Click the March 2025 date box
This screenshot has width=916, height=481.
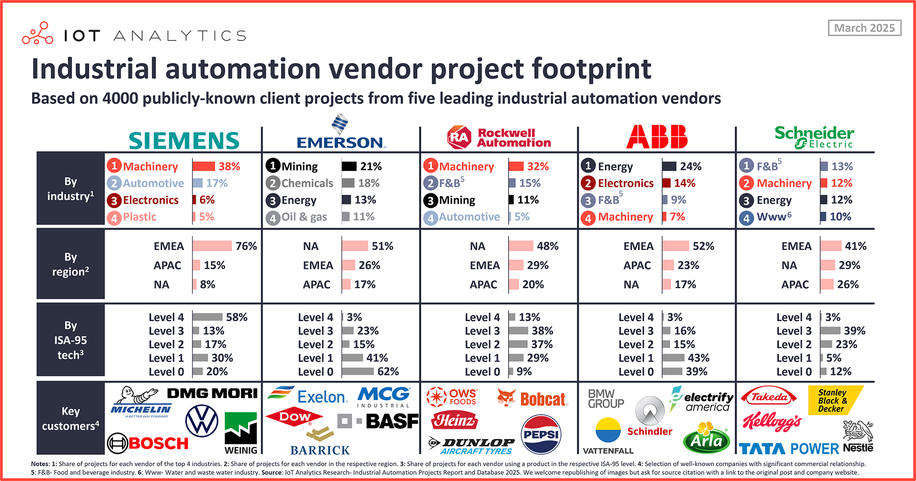864,28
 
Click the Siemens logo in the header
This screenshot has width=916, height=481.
184,141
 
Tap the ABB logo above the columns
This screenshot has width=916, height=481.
656,137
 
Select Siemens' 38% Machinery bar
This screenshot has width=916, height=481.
204,167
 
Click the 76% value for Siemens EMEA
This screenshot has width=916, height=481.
246,246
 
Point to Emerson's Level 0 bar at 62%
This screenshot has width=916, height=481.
358,371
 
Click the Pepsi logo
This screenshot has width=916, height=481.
541,434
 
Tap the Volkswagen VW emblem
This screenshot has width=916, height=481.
201,420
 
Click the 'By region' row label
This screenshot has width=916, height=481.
71,264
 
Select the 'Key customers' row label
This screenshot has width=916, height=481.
71,418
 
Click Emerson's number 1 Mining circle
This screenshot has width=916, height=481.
272,166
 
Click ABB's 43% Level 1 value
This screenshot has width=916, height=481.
698,358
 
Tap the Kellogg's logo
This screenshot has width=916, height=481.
771,421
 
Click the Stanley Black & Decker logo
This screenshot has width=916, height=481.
834,400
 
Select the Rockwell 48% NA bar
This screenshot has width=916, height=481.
521,246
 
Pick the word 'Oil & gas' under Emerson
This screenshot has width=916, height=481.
304,217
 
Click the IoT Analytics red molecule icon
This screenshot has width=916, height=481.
37,33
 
